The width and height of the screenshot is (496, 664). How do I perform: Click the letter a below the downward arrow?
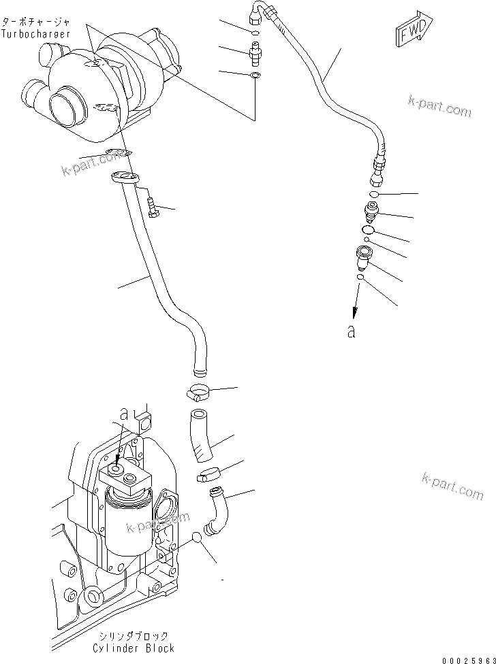pos(352,332)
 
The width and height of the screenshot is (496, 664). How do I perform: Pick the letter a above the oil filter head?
pos(123,413)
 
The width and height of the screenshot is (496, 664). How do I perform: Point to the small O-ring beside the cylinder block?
pos(198,537)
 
